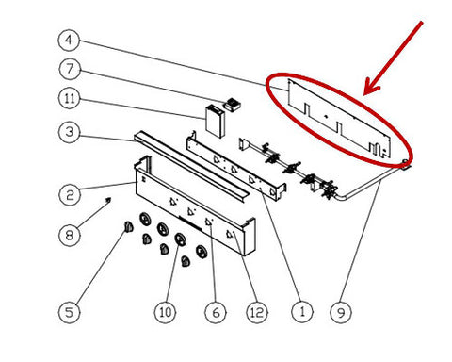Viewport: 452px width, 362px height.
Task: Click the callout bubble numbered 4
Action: point(69,41)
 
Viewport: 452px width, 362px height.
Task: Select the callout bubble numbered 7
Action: point(70,69)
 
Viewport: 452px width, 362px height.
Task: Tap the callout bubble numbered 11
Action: point(70,98)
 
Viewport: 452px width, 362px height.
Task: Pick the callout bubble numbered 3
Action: point(70,132)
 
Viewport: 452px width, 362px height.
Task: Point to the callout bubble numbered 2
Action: point(70,195)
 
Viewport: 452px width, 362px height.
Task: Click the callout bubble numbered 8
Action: point(70,235)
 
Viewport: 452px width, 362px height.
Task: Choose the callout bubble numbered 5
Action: point(69,312)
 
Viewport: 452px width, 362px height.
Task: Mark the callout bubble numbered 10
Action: point(166,312)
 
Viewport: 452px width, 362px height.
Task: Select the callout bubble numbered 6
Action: point(216,312)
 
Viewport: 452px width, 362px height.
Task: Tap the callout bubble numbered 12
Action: point(257,312)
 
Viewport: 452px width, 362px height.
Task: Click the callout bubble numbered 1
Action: point(302,312)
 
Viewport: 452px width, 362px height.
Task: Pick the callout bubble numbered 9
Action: point(341,312)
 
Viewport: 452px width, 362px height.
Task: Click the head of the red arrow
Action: point(365,93)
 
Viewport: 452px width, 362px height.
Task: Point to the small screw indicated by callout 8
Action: point(109,199)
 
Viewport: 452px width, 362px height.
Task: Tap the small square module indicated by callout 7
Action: point(233,105)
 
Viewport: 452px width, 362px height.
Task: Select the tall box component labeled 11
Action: point(215,122)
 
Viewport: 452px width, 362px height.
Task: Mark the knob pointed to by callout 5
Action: point(128,226)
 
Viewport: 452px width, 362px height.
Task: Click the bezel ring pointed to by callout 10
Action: point(180,239)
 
